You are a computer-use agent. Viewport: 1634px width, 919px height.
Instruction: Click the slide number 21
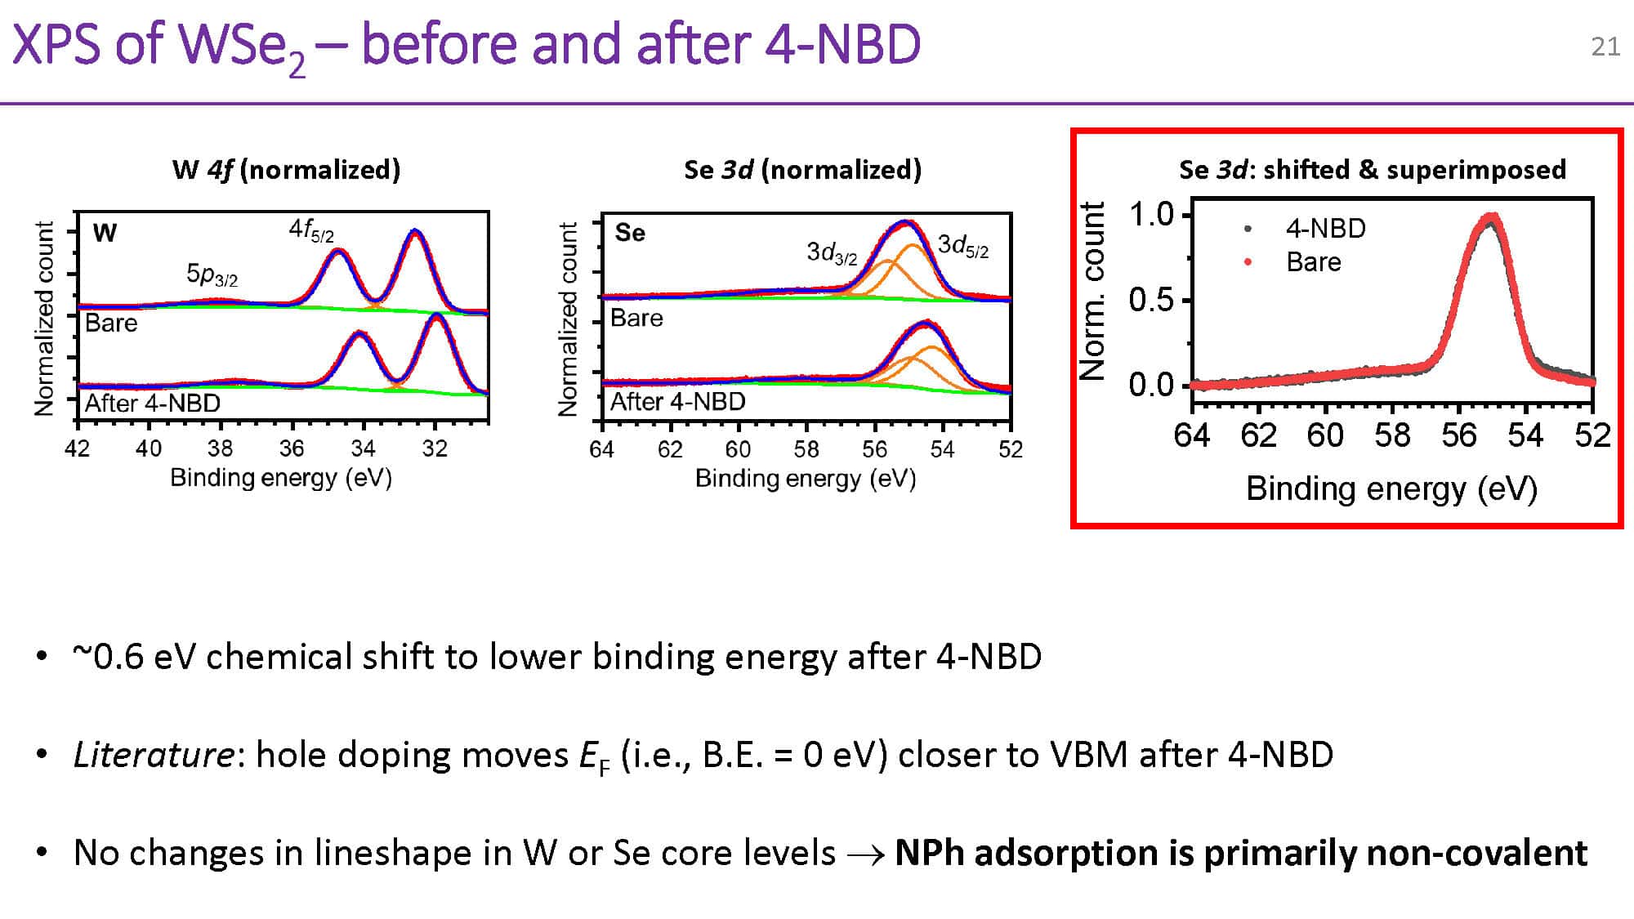click(x=1605, y=47)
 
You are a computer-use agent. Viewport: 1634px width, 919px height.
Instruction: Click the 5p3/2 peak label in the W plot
click(x=212, y=274)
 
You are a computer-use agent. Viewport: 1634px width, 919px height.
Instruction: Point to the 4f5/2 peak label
click(x=311, y=230)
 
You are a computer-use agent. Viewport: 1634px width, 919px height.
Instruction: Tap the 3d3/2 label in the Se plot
click(x=832, y=252)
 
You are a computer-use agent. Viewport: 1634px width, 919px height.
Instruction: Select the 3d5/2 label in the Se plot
click(x=963, y=245)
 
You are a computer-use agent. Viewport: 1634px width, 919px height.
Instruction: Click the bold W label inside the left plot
click(x=105, y=233)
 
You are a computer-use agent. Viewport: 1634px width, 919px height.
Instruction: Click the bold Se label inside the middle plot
click(x=630, y=233)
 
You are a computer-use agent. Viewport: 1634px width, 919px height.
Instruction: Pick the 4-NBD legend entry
click(x=1325, y=228)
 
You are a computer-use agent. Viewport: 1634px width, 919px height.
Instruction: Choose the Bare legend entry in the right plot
click(x=1313, y=261)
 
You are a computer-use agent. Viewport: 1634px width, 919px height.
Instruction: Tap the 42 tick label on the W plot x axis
click(x=78, y=448)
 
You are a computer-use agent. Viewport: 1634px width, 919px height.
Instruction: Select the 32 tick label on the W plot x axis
click(x=435, y=448)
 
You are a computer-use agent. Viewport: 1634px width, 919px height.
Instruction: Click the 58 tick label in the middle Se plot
click(x=806, y=449)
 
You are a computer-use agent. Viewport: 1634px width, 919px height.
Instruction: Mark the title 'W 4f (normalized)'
click(x=287, y=169)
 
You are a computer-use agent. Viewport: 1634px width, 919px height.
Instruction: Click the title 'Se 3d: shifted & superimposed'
click(x=1373, y=169)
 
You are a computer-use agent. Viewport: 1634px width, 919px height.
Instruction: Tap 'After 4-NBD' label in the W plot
click(x=153, y=403)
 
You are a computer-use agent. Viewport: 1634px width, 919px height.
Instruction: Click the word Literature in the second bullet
click(x=154, y=754)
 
